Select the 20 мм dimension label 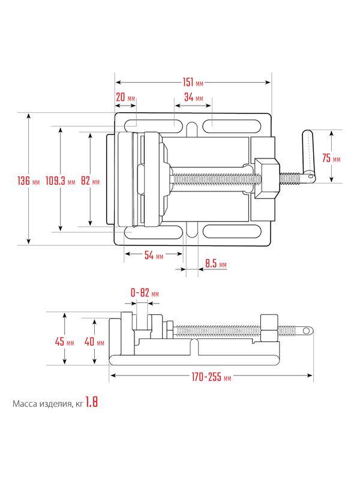(125, 98)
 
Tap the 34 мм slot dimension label (193, 98)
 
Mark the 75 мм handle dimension (331, 158)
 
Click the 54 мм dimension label (154, 256)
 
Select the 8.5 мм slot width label (215, 264)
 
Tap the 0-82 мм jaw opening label (144, 293)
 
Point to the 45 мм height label (64, 342)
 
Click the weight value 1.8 (91, 403)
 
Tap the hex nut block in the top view (268, 177)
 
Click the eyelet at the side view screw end (307, 330)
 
